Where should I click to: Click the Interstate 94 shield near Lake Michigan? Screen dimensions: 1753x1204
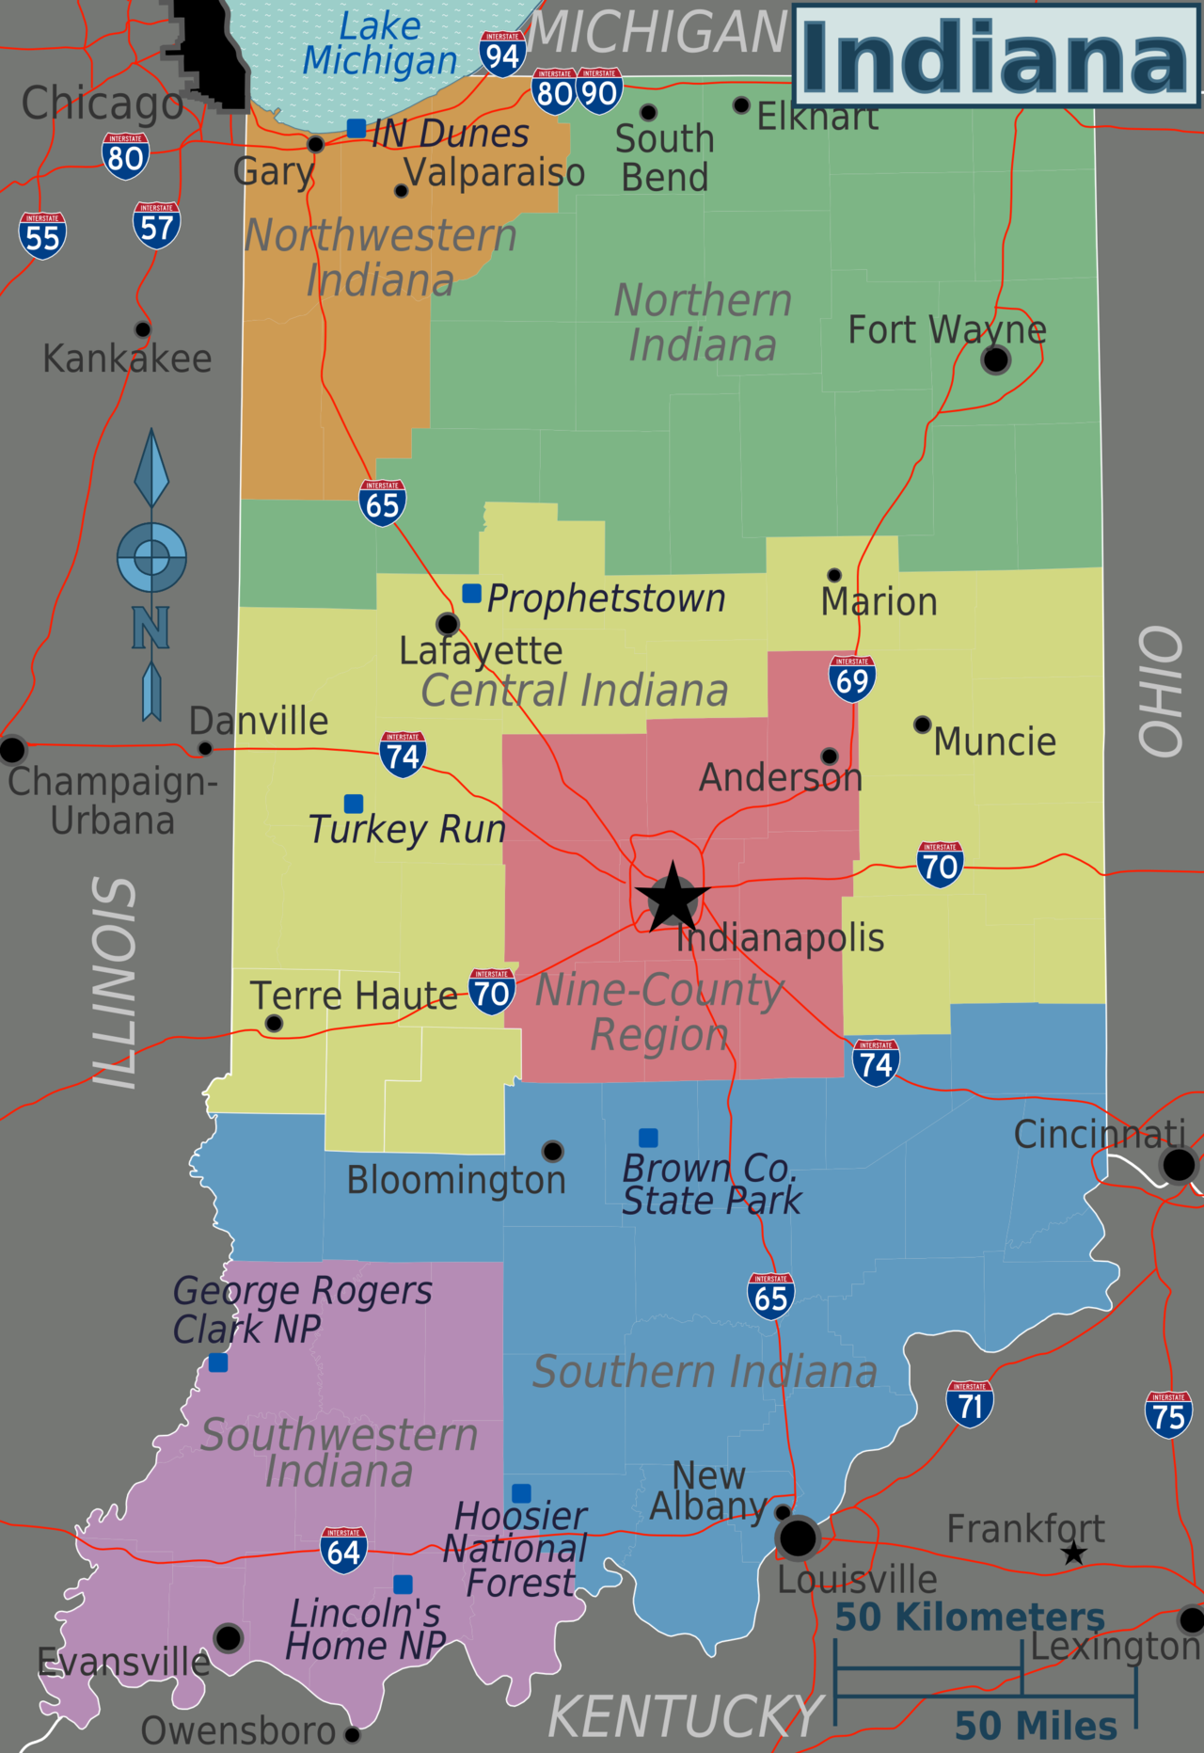[x=502, y=55]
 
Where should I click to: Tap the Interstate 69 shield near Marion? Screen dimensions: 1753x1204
[x=852, y=678]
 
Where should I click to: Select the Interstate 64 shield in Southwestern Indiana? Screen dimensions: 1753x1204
[x=343, y=1550]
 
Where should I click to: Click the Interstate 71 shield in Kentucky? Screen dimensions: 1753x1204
[x=970, y=1404]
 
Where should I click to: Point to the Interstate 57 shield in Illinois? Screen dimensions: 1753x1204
[x=156, y=226]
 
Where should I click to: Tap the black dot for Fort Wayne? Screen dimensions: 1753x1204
[x=995, y=359]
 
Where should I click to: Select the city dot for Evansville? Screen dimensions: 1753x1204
[x=229, y=1637]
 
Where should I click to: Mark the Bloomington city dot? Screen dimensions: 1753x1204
[x=552, y=1151]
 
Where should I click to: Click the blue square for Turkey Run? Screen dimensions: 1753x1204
[x=354, y=804]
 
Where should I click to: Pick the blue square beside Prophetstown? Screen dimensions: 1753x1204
[x=472, y=594]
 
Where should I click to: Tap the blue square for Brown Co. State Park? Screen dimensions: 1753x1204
[x=648, y=1138]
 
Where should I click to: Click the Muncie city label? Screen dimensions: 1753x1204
[x=994, y=741]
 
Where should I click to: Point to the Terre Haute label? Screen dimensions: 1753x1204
[x=354, y=996]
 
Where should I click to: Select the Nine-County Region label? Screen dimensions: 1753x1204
[x=659, y=1012]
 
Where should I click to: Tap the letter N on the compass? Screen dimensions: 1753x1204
[x=150, y=628]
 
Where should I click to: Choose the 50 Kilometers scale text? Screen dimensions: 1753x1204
[x=970, y=1618]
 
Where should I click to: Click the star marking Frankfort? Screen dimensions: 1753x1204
[x=1074, y=1554]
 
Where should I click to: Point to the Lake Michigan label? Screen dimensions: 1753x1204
[x=380, y=43]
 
